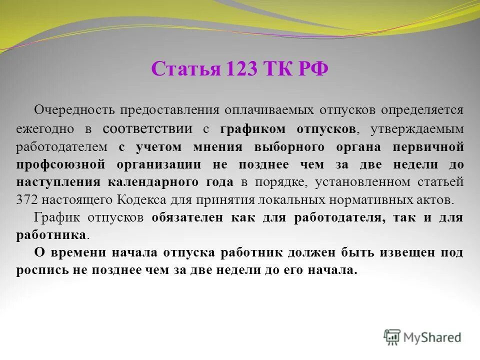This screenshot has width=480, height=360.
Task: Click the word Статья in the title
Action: point(185,68)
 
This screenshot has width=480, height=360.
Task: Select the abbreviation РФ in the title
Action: point(313,68)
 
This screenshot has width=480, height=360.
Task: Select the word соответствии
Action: point(147,128)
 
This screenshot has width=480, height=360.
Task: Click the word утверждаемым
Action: point(417,129)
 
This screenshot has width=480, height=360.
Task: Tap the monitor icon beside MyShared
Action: point(392,337)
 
